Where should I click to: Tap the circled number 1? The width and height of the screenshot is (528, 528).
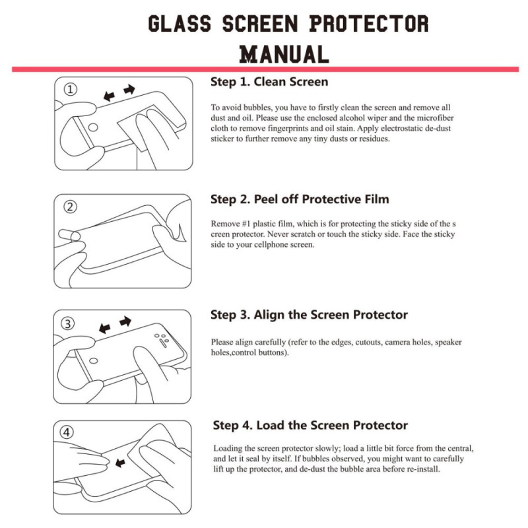click(71, 90)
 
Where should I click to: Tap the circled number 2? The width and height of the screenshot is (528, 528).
click(71, 207)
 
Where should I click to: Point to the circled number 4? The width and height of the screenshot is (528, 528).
click(67, 433)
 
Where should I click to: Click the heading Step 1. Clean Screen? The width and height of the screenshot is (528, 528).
click(269, 82)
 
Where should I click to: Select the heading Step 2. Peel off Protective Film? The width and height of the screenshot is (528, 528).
click(300, 199)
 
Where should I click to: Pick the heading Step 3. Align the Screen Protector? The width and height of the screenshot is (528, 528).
click(309, 314)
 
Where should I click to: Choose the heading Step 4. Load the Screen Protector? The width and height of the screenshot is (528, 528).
click(310, 425)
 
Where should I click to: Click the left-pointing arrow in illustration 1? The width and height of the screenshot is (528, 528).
click(109, 96)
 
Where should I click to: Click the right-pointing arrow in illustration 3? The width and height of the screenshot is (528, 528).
click(125, 321)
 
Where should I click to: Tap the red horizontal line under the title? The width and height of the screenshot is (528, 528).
click(264, 69)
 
